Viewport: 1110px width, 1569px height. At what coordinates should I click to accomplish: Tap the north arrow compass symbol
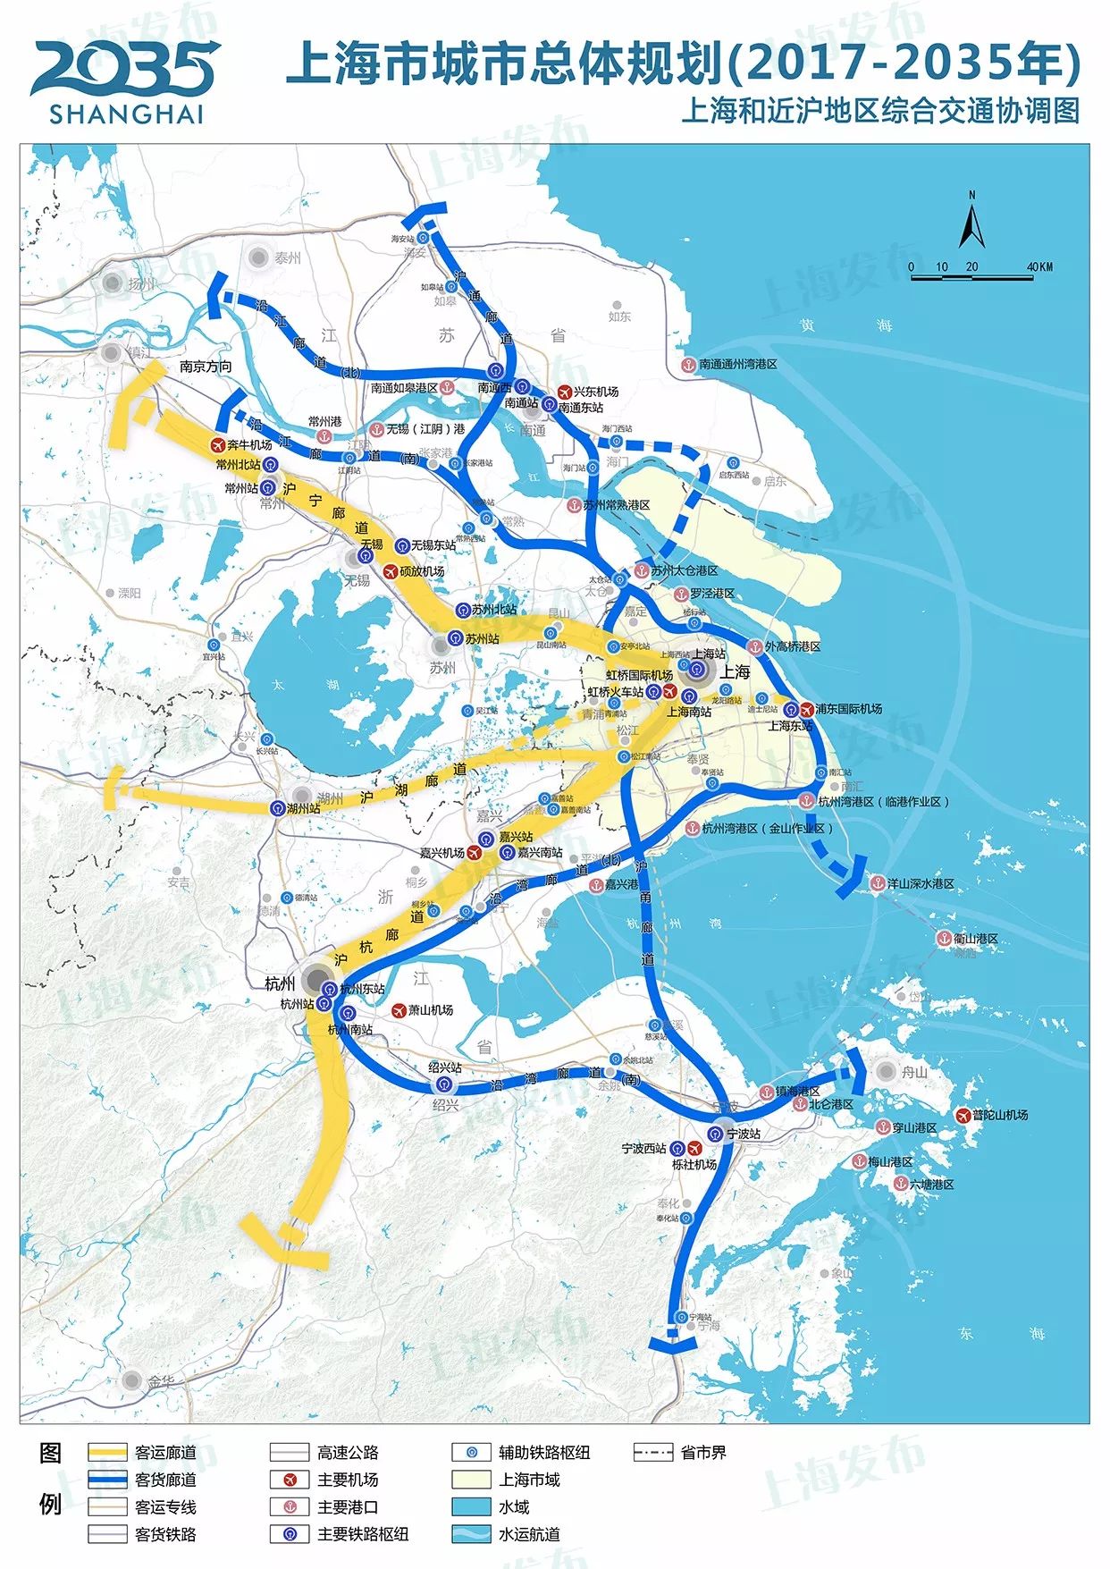coord(971,222)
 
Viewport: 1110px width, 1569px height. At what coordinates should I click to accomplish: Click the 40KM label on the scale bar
coord(1039,266)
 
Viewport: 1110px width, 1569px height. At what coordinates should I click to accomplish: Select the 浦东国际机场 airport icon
coord(806,709)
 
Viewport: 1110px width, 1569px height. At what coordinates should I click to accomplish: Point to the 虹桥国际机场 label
coord(639,675)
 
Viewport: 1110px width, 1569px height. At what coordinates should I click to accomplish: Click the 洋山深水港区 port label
coord(920,883)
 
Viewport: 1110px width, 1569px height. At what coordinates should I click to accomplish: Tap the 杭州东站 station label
coord(362,989)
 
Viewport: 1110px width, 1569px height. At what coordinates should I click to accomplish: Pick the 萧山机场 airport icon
coord(399,1010)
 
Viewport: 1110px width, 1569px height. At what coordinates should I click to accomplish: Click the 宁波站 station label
coord(744,1134)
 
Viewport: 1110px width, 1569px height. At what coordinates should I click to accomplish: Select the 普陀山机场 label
coord(1000,1115)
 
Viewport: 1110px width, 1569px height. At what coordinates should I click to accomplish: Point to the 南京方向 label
coord(206,367)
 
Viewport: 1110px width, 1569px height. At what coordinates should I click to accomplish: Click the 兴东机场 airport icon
coord(565,392)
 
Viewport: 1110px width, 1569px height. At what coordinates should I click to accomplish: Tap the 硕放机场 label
coord(422,571)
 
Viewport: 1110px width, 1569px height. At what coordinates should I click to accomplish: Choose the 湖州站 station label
coord(304,808)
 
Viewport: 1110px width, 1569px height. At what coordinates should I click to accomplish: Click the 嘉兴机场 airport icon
coord(475,853)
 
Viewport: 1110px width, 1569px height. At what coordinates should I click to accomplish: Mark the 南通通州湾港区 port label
coord(738,365)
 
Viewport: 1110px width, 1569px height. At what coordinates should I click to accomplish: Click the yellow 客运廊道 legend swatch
coord(107,1453)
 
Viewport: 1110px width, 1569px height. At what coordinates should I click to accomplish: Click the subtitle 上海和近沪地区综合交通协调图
coord(879,111)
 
